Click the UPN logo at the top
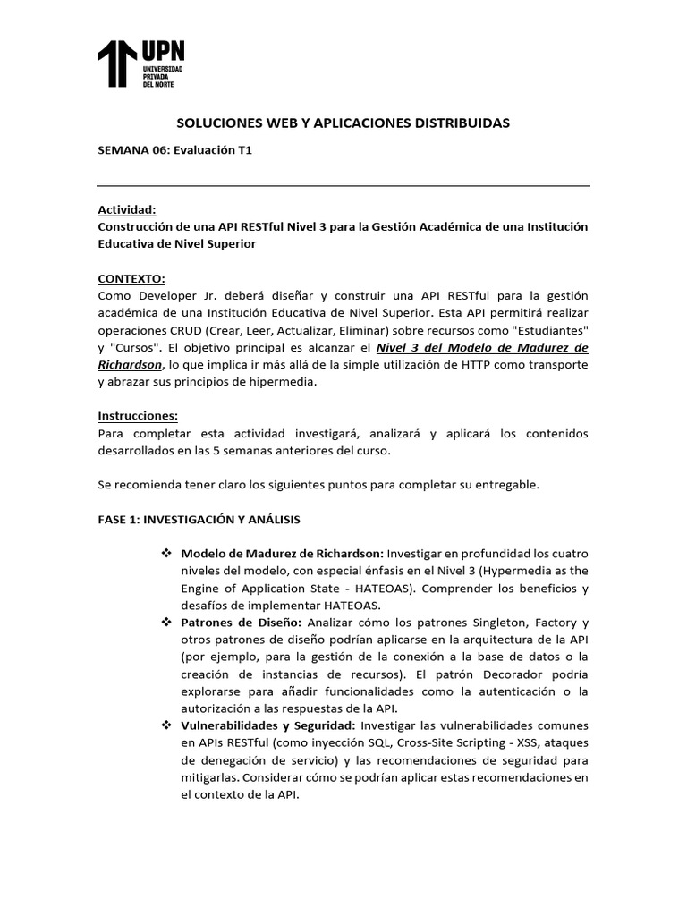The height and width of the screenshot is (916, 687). point(141,64)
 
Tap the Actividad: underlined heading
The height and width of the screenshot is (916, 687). point(126,209)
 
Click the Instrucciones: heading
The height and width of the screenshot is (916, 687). point(138,416)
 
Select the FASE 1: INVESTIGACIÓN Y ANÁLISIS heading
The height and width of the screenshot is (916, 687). point(199,519)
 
